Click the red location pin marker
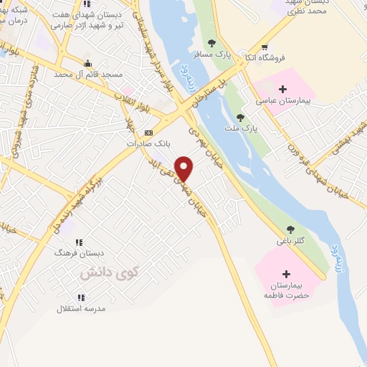pyautogui.click(x=185, y=168)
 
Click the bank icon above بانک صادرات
pyautogui.click(x=148, y=133)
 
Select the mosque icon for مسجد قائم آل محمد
pyautogui.click(x=88, y=63)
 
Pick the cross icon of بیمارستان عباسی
pyautogui.click(x=282, y=89)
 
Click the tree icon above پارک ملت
pyautogui.click(x=239, y=117)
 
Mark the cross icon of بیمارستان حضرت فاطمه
pyautogui.click(x=287, y=274)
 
